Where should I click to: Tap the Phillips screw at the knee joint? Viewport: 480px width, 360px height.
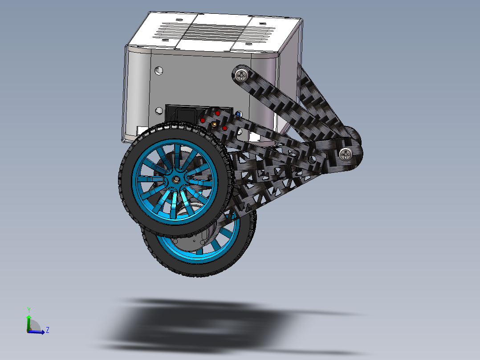[x=346, y=154]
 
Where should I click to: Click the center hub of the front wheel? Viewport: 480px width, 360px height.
[x=176, y=179]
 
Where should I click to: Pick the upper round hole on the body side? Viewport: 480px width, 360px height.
[x=159, y=70]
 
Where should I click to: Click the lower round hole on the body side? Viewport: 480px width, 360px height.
[x=159, y=110]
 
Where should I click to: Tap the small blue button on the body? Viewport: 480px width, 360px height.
[x=239, y=114]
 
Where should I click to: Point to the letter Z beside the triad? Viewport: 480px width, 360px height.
[x=47, y=330]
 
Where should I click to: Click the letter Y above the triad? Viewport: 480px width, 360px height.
[x=28, y=309]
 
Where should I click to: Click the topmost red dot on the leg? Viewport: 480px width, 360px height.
[x=217, y=114]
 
